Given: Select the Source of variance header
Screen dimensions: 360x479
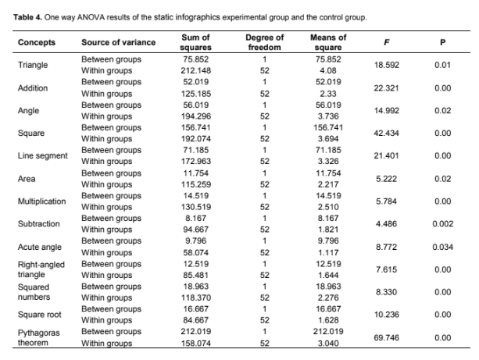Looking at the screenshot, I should pos(118,41).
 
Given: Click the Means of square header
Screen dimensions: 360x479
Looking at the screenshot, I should pos(328,41).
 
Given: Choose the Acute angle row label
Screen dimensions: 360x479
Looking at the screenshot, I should pos(40,246).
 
